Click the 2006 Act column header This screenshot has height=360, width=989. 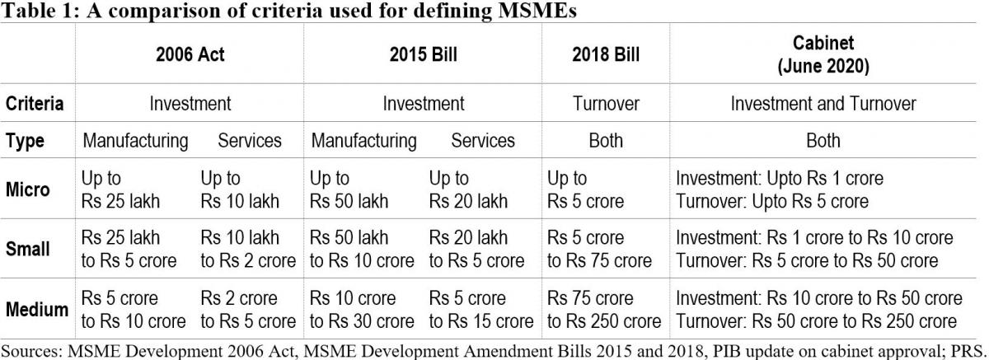tap(190, 55)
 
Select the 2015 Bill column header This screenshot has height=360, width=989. tap(423, 55)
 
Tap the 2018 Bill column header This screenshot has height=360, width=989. tap(605, 55)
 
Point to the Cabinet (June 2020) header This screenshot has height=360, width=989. tap(823, 54)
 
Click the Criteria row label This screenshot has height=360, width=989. tap(35, 105)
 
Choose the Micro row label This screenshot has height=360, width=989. tap(28, 189)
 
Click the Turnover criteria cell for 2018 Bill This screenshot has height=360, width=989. tap(606, 105)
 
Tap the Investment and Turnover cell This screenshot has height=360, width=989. tap(823, 105)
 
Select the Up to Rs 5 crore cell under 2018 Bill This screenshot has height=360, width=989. tap(586, 189)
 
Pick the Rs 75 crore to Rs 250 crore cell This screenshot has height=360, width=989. tap(604, 310)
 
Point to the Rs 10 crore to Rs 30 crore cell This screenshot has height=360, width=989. tap(362, 310)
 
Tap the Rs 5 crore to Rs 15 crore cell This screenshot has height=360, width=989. tap(481, 310)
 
